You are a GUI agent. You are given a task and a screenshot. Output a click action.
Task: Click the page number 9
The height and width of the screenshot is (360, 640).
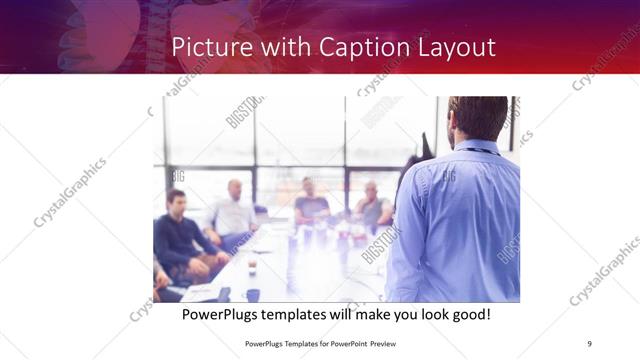pos(590,343)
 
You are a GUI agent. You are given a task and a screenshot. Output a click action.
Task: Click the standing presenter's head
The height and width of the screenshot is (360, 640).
pos(477,119)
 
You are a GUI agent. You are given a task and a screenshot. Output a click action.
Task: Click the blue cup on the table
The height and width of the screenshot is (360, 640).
pos(252,294)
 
